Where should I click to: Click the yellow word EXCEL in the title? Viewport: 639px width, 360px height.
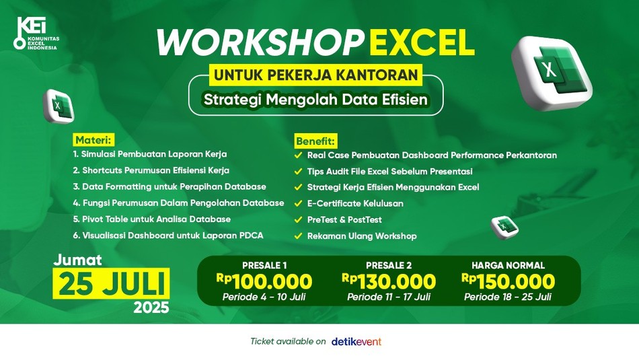tap(422, 42)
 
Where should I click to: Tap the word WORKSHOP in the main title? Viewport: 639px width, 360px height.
tap(260, 42)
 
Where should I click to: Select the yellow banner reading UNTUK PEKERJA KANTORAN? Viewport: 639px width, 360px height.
tap(316, 75)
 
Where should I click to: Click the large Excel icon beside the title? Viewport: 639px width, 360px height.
tap(552, 73)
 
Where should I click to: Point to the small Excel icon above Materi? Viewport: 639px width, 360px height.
tap(59, 106)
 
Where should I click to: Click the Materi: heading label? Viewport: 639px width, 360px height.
tap(93, 140)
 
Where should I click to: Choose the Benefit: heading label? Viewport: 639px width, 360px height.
tap(315, 141)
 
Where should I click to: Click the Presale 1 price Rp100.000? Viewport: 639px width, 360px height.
tap(264, 282)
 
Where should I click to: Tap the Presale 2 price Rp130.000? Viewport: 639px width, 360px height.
tap(389, 282)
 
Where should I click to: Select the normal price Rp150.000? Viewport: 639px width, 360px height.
tap(509, 282)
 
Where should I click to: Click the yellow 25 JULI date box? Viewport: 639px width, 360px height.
tap(111, 284)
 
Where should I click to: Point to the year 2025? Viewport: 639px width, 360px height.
tap(151, 308)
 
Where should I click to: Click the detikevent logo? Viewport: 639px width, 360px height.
tap(356, 341)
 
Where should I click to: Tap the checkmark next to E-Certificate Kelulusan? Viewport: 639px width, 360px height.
tap(298, 203)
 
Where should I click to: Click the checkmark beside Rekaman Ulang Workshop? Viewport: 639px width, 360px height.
tap(298, 236)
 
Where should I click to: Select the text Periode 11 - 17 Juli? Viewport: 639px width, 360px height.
tap(389, 297)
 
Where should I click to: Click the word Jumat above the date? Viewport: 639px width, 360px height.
tap(78, 260)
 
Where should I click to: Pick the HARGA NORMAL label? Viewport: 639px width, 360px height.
tap(509, 265)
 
